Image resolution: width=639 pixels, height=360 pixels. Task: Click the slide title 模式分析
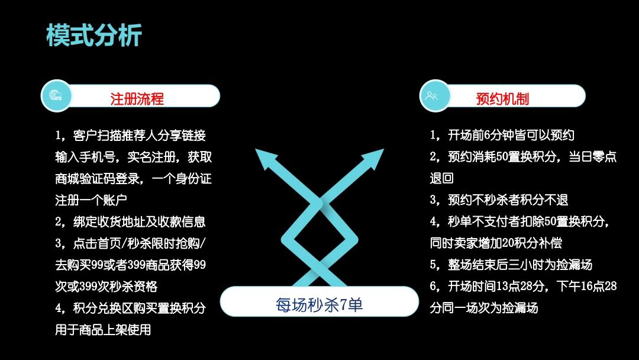(94, 35)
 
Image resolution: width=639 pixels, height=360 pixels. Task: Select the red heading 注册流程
(137, 99)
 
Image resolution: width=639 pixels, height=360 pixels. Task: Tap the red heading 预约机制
(502, 99)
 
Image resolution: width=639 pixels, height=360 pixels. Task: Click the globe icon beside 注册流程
(56, 96)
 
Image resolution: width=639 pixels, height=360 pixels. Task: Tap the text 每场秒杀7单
(319, 304)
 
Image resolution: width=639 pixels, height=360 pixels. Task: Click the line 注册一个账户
(91, 200)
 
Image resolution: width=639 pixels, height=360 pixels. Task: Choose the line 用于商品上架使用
(103, 329)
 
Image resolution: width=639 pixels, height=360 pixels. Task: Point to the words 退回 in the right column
(442, 178)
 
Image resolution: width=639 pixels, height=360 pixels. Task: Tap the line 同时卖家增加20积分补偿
(496, 243)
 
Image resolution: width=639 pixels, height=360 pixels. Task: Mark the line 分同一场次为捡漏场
(484, 308)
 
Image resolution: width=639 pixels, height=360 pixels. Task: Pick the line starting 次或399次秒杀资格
(106, 286)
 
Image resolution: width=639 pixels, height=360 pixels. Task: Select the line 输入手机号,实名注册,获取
(134, 157)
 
